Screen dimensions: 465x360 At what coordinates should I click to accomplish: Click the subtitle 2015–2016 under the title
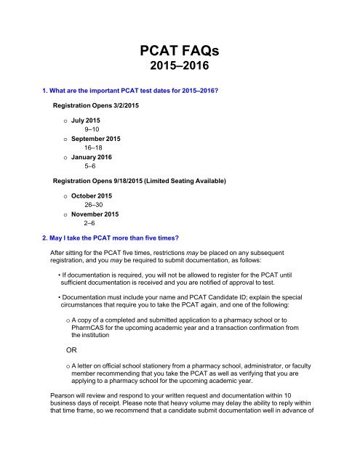click(x=180, y=71)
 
